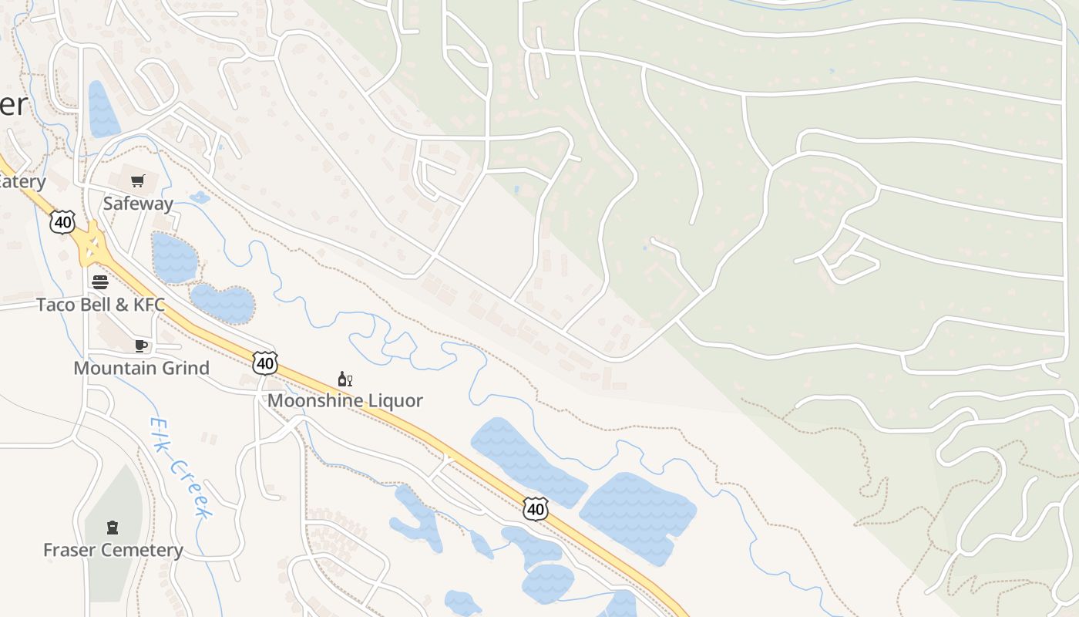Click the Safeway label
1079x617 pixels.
(138, 204)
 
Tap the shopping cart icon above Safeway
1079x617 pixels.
(138, 181)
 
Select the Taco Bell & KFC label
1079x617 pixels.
(100, 305)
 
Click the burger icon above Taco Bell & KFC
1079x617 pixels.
(100, 282)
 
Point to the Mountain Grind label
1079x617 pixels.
(141, 368)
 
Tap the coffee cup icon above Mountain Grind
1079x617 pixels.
(141, 346)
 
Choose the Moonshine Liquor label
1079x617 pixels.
(345, 400)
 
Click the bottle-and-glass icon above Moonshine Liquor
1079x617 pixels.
(345, 379)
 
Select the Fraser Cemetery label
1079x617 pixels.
(113, 550)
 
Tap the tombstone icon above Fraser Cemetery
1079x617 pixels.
(113, 528)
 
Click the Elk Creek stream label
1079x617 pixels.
(181, 468)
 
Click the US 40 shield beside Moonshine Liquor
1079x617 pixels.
(264, 362)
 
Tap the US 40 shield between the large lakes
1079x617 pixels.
(535, 508)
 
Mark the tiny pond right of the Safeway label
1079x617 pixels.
(200, 197)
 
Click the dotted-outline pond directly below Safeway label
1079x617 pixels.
(174, 257)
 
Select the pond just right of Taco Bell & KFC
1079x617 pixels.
(223, 303)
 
